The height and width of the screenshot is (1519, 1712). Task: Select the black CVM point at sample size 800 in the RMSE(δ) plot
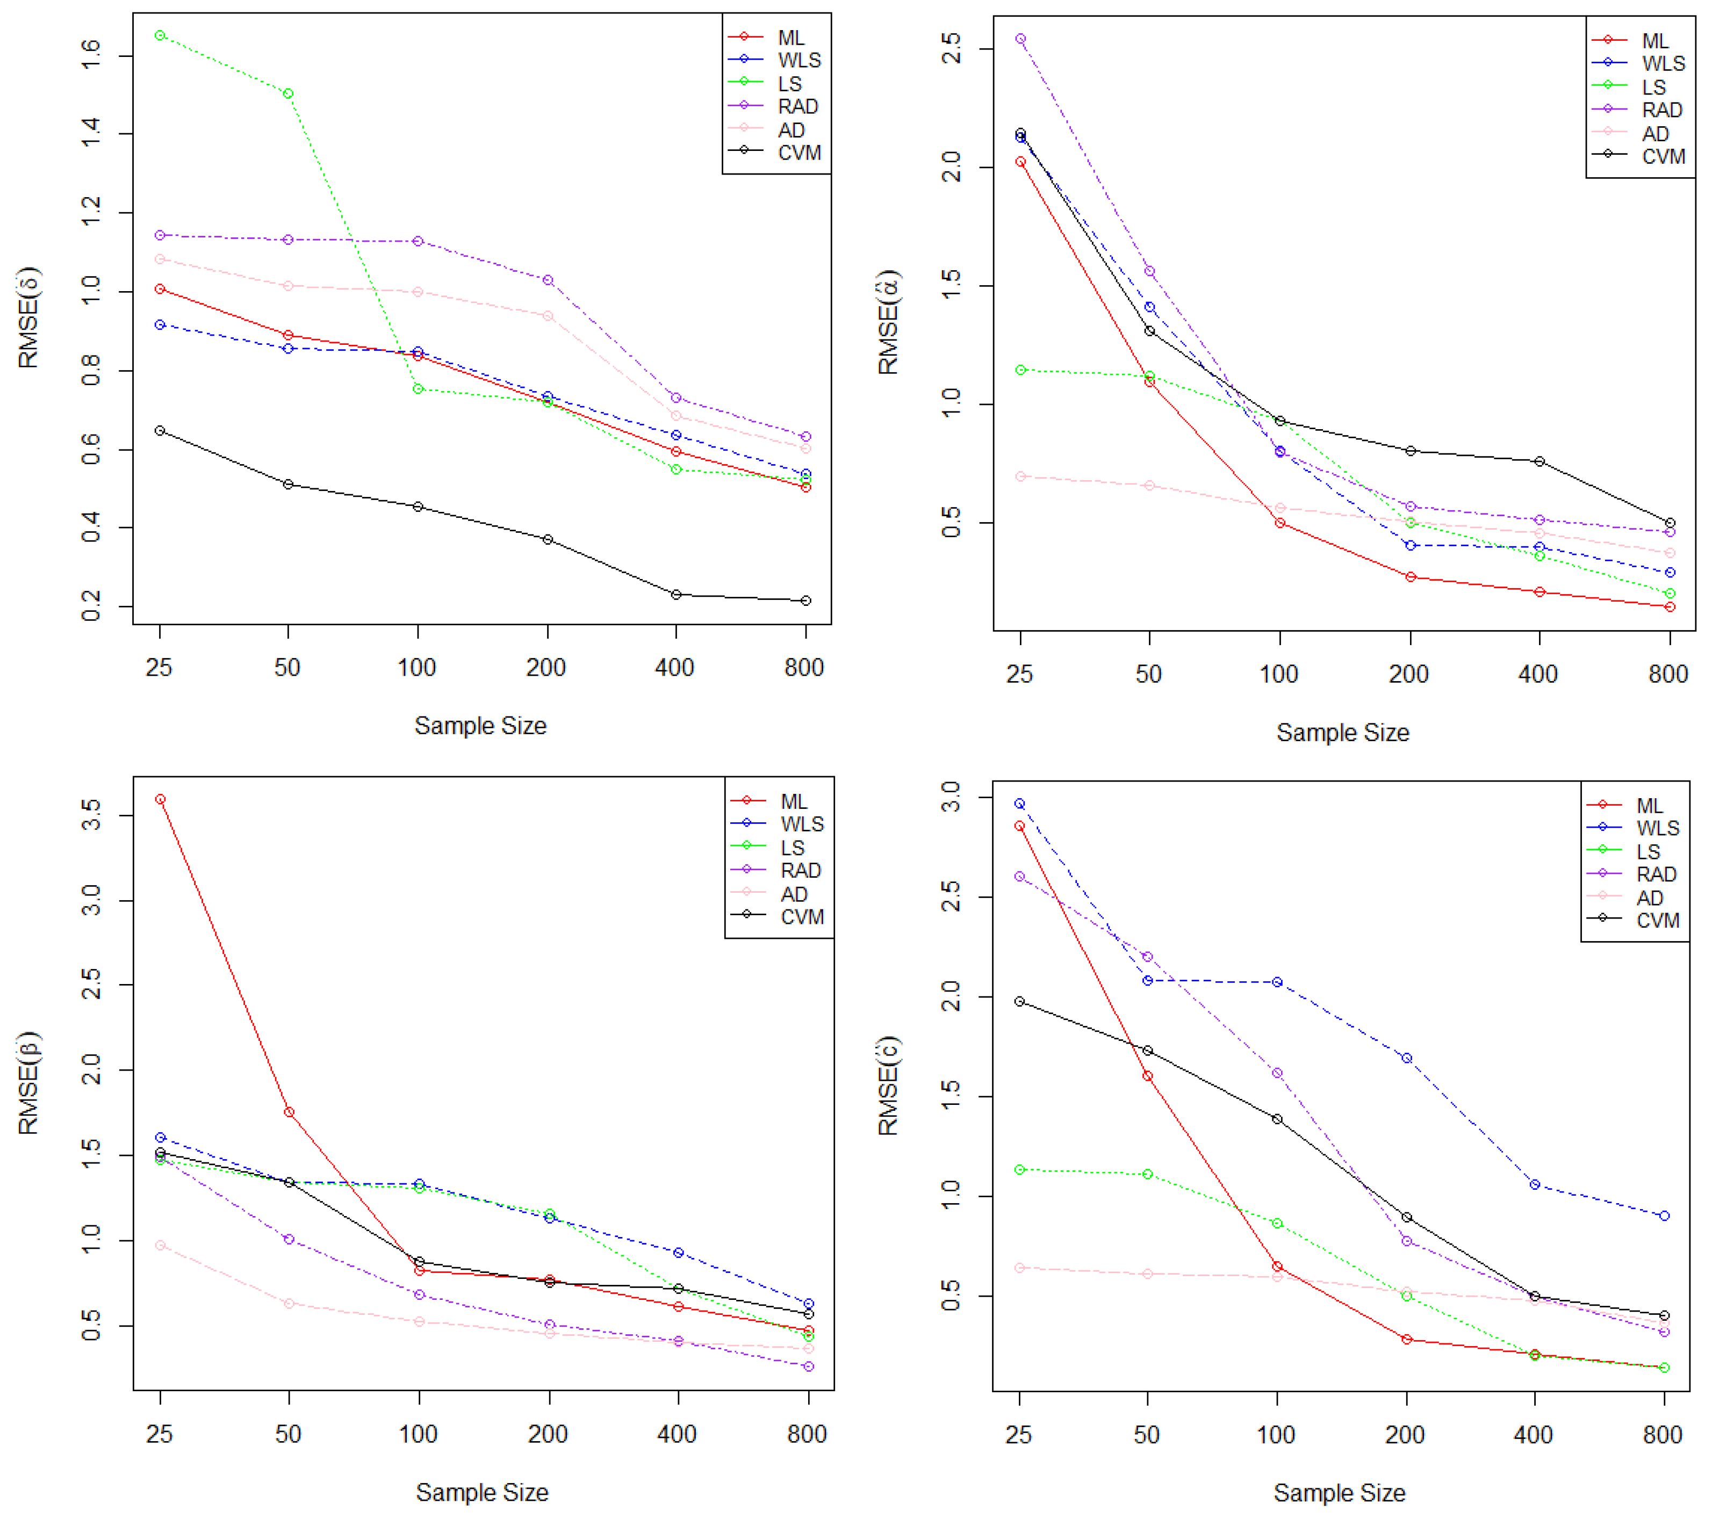point(805,601)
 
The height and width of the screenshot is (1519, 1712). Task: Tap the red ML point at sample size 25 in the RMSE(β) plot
point(160,800)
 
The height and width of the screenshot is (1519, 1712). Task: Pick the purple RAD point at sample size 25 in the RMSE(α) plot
point(1020,39)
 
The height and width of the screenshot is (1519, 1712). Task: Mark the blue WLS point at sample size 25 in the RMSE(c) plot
point(1019,804)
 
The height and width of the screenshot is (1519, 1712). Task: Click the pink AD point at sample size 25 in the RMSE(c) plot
point(1019,1268)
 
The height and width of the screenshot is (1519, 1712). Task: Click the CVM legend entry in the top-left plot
point(798,153)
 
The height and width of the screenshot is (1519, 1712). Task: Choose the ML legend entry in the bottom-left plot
point(793,801)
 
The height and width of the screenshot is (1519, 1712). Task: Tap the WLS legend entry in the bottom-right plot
point(1657,828)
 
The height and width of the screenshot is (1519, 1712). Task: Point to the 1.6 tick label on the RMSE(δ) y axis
point(90,55)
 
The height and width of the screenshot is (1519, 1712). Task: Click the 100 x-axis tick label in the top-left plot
point(416,668)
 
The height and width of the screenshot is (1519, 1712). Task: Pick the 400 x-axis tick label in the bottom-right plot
point(1533,1435)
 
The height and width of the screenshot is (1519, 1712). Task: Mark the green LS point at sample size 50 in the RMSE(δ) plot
point(288,94)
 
